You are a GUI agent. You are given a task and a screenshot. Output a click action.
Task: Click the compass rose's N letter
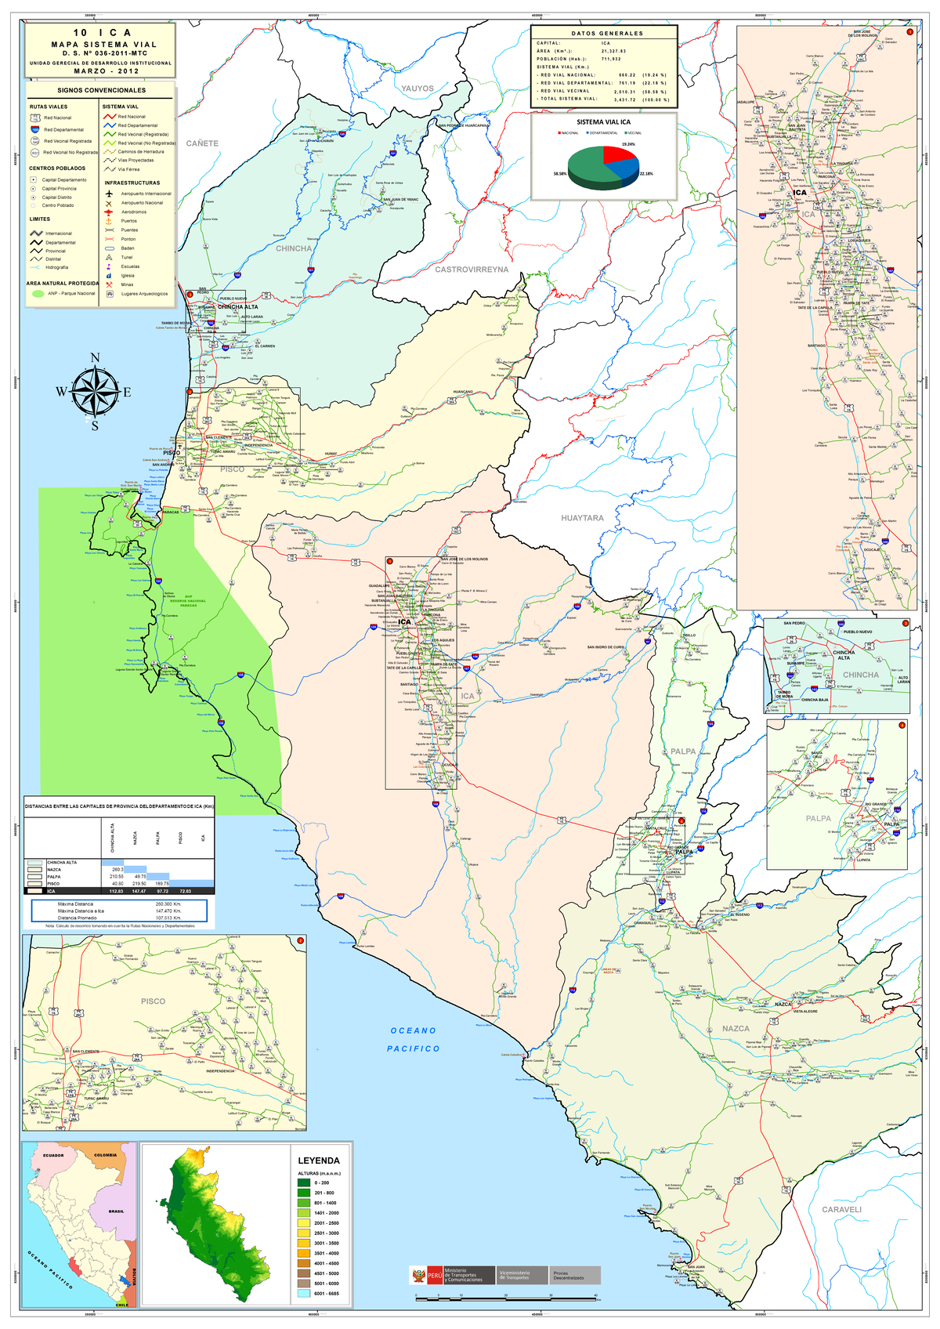[x=96, y=358]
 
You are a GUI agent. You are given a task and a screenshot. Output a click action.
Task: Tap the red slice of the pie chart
[x=619, y=152]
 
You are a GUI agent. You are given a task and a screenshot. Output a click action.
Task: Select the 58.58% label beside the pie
[x=559, y=174]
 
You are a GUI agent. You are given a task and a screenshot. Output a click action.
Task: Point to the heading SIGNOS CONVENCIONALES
[x=101, y=90]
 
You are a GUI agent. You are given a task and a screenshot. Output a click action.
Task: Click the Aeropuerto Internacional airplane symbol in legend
[x=110, y=194]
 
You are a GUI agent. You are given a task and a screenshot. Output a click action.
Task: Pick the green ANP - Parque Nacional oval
[x=37, y=294]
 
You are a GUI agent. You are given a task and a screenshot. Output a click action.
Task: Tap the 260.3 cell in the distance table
[x=117, y=869]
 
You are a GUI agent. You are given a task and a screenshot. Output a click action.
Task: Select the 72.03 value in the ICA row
[x=186, y=891]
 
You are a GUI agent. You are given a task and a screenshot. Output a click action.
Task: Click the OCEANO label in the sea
[x=413, y=1030]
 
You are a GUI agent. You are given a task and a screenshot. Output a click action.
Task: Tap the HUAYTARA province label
[x=582, y=518]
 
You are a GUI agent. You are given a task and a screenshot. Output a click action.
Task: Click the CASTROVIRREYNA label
[x=472, y=270]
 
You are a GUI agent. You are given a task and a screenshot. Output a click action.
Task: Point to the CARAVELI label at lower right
[x=841, y=1209]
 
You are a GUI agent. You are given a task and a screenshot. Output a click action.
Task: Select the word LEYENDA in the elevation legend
[x=319, y=1161]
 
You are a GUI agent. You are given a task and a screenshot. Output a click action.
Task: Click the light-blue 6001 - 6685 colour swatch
[x=304, y=1294]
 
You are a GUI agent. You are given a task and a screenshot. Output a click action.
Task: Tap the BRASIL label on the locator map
[x=116, y=1211]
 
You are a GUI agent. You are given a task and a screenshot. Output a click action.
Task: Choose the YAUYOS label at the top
[x=418, y=89]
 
